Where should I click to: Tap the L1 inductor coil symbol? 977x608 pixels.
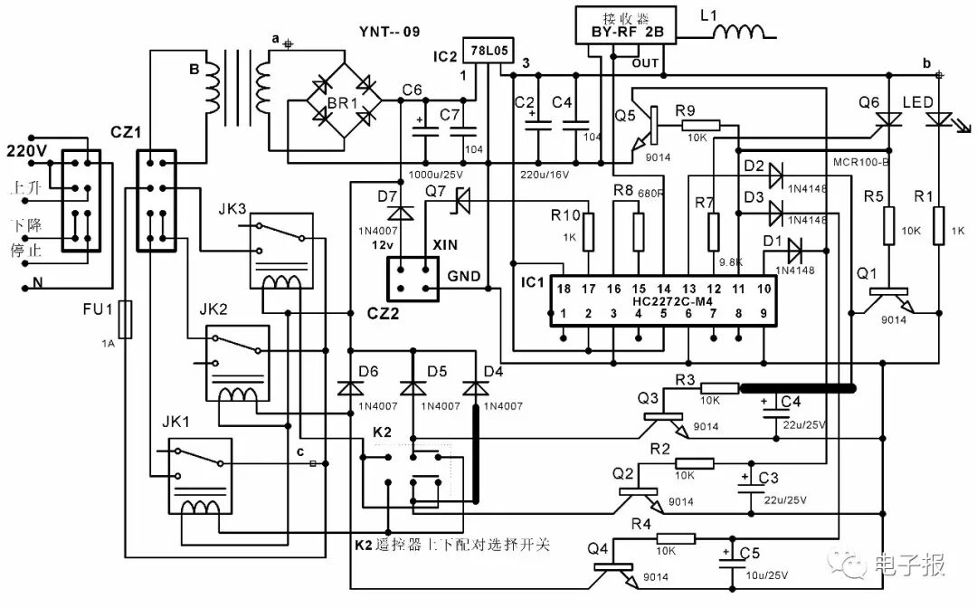(x=740, y=33)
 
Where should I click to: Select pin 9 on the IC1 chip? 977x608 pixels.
(x=764, y=313)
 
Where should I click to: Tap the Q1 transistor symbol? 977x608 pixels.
(x=890, y=300)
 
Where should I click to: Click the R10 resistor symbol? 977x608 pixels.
(x=589, y=233)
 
